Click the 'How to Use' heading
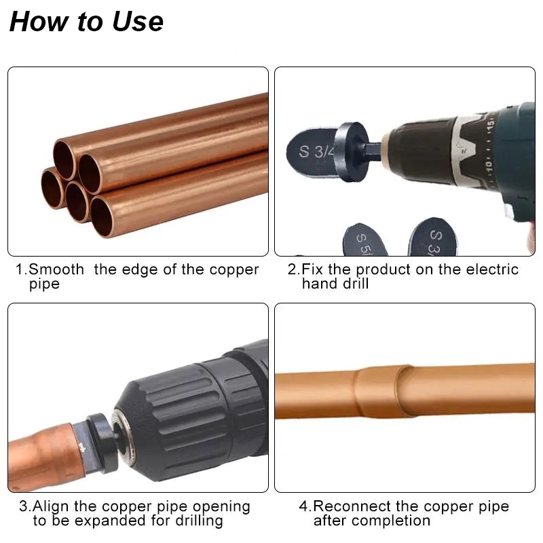(86, 22)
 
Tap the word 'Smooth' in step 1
(56, 269)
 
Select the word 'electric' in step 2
(492, 269)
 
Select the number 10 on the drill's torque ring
(488, 165)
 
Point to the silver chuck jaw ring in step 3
(122, 431)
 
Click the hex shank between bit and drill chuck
(375, 151)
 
